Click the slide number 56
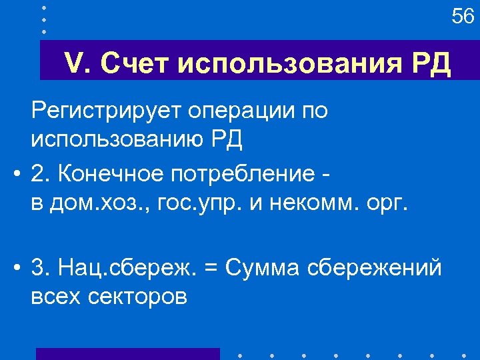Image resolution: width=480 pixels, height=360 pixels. click(x=463, y=16)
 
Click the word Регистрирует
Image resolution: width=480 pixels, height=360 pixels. click(x=113, y=111)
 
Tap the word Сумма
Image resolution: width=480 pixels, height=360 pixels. click(x=263, y=267)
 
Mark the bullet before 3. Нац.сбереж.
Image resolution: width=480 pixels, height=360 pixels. click(x=15, y=268)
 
